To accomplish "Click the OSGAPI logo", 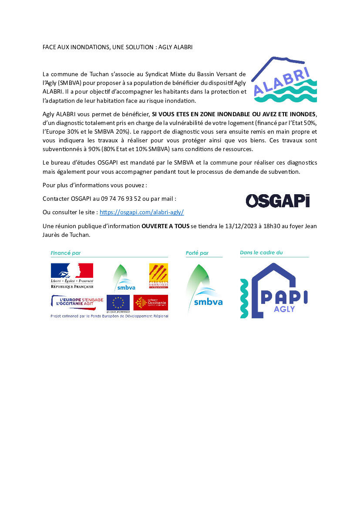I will (278, 200).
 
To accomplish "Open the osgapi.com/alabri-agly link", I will (142, 212).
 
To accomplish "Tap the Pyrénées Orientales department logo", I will (158, 276).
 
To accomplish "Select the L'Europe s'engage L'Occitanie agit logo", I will (77, 301).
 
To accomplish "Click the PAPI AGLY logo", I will (274, 290).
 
